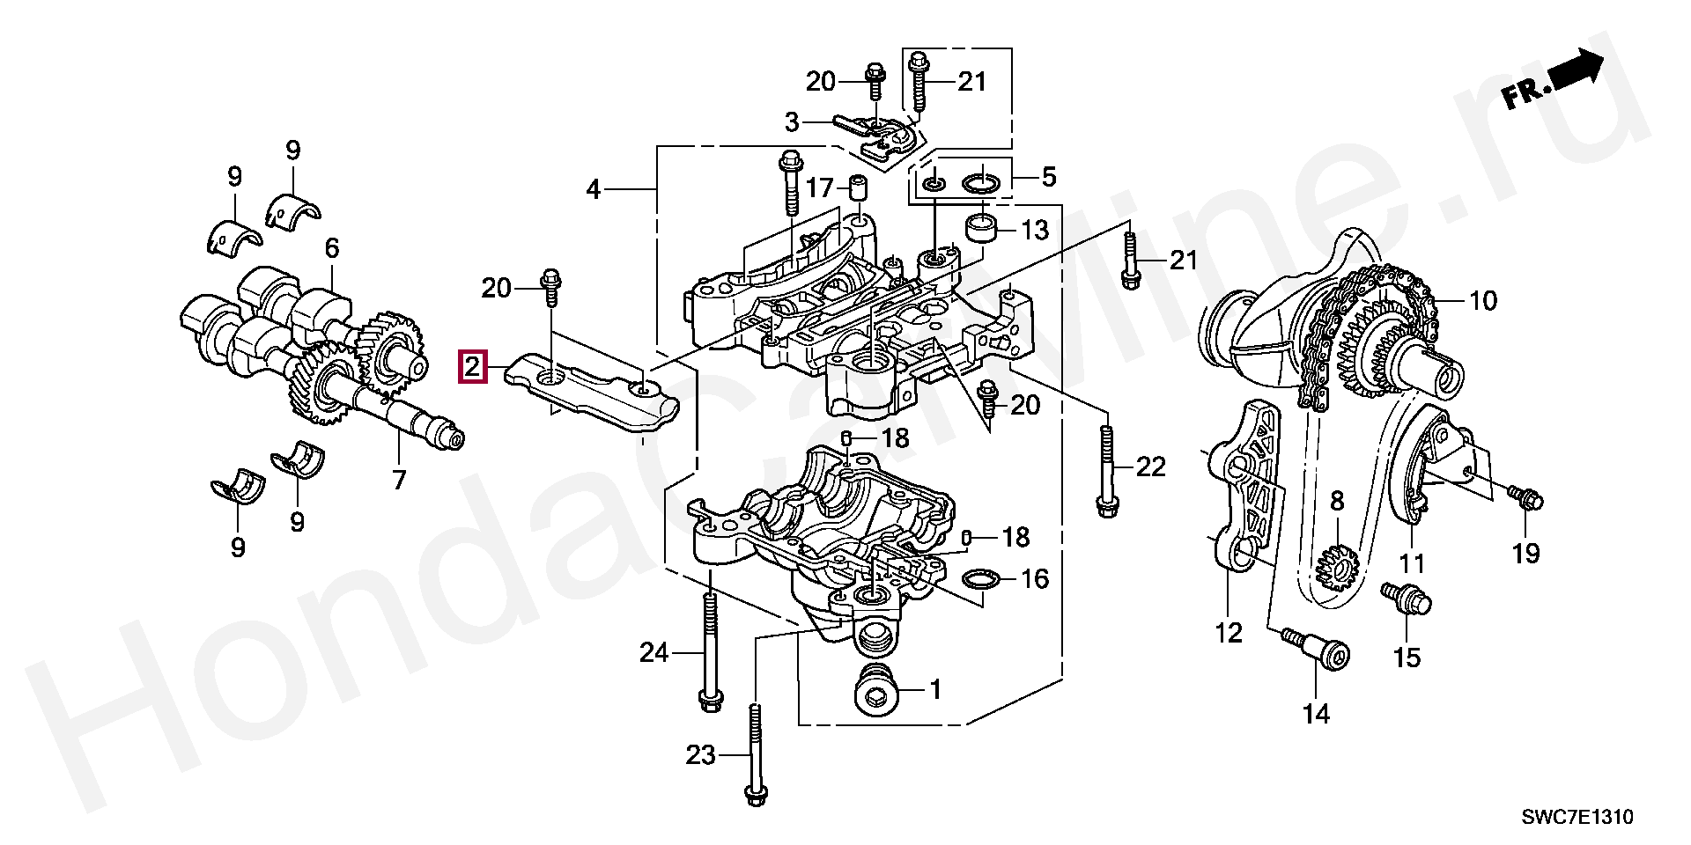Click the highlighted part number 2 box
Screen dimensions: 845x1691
pyautogui.click(x=472, y=367)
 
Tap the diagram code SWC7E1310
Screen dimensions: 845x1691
pyautogui.click(x=1577, y=818)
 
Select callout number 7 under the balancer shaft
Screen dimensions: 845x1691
pyautogui.click(x=399, y=480)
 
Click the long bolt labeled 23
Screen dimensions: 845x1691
pyautogui.click(x=753, y=757)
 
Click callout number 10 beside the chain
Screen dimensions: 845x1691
pyautogui.click(x=1482, y=301)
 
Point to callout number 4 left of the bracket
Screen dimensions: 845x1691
pyautogui.click(x=593, y=188)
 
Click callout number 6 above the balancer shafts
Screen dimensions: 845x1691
pyautogui.click(x=331, y=248)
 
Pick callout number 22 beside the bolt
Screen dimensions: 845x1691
pyautogui.click(x=1150, y=467)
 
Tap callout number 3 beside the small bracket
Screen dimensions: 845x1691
pyautogui.click(x=792, y=122)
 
